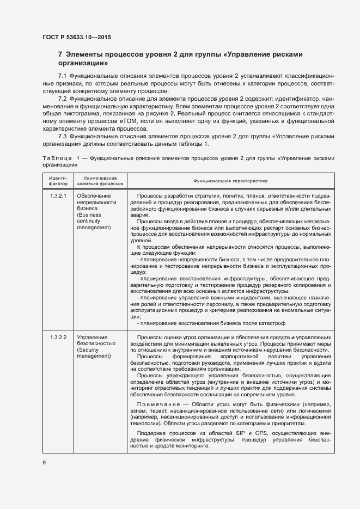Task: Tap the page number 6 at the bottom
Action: tap(44, 462)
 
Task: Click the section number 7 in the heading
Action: tap(60, 55)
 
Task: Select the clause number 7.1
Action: tap(63, 75)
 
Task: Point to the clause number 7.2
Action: tap(63, 100)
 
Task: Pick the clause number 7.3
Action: tap(63, 136)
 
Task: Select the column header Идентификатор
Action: tap(58, 180)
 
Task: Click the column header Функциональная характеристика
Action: tap(227, 180)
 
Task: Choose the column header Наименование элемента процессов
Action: tap(100, 180)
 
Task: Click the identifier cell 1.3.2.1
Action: tap(58, 195)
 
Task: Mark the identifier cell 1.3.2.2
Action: tap(58, 338)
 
